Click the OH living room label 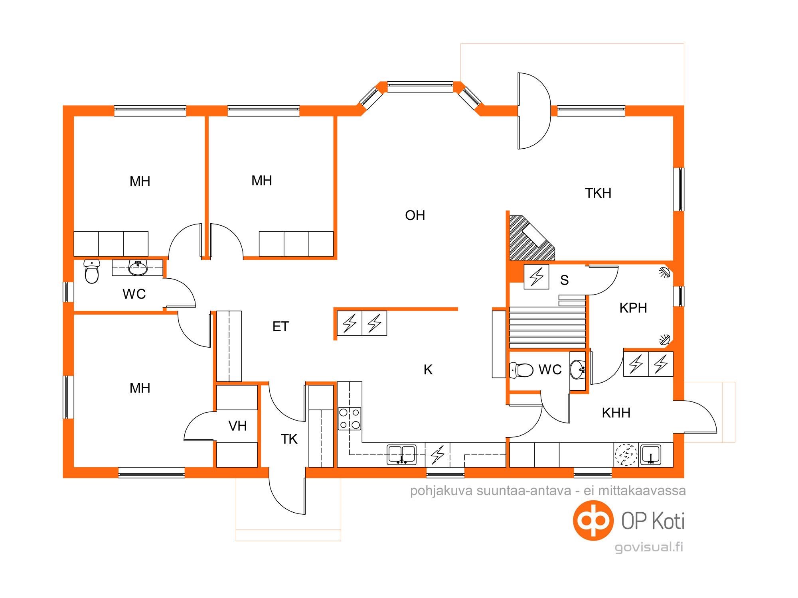(415, 215)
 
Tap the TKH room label (598, 193)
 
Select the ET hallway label (280, 327)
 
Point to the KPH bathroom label (633, 308)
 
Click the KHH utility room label (616, 413)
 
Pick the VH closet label (237, 426)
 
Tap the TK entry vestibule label (289, 439)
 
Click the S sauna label (564, 280)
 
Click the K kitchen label (428, 370)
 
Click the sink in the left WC (138, 268)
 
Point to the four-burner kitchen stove (350, 419)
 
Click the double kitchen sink (402, 455)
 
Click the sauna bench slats (549, 327)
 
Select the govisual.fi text (649, 547)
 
